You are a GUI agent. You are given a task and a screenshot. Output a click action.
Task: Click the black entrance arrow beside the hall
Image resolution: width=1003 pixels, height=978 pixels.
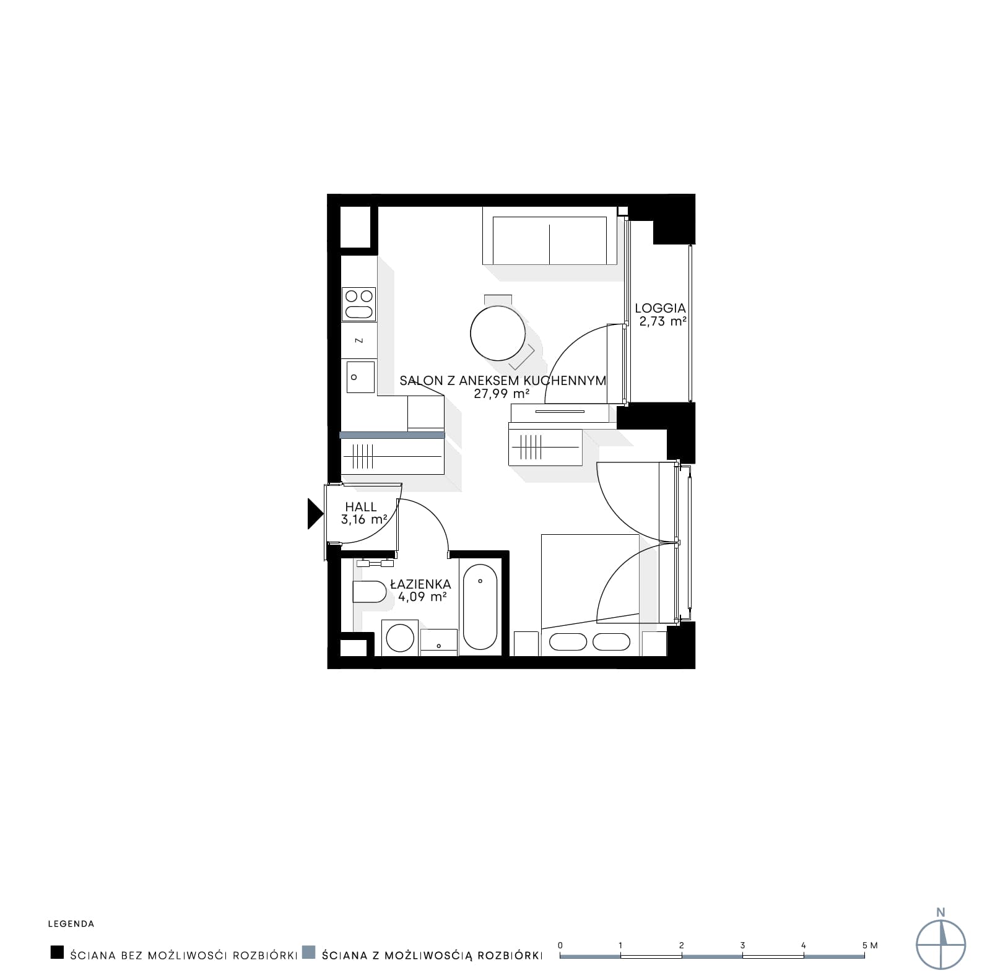click(x=315, y=514)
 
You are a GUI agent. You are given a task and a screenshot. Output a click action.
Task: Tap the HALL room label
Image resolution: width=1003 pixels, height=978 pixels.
click(x=361, y=507)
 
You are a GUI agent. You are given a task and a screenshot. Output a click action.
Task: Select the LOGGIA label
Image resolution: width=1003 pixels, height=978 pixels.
click(x=661, y=308)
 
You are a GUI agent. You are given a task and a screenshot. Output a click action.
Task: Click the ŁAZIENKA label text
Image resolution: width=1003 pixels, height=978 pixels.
click(x=420, y=584)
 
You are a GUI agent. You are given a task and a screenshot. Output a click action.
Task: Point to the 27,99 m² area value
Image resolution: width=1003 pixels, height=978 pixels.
click(x=501, y=393)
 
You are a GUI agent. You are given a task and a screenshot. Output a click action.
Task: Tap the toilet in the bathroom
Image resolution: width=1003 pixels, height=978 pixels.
click(x=370, y=592)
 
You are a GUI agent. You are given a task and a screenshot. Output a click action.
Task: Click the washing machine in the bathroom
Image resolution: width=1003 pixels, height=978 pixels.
click(x=399, y=638)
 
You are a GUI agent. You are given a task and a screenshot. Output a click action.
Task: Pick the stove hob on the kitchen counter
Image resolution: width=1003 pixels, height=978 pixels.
click(x=359, y=304)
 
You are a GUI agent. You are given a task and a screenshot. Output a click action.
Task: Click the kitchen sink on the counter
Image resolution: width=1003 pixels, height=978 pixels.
click(x=360, y=377)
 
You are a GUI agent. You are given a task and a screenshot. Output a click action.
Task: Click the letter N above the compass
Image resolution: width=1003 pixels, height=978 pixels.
click(x=941, y=912)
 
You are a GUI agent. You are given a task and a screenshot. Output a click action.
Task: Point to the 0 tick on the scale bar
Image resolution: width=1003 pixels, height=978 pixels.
click(x=560, y=945)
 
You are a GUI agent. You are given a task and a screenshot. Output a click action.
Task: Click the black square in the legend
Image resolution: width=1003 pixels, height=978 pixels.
click(x=57, y=952)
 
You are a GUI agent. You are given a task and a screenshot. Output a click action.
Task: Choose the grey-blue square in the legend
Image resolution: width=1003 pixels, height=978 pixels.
click(x=308, y=952)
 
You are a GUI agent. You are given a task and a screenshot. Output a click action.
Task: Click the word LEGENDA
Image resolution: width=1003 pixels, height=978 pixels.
click(x=71, y=924)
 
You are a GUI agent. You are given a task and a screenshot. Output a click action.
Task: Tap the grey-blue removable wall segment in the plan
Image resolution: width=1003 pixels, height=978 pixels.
click(x=392, y=435)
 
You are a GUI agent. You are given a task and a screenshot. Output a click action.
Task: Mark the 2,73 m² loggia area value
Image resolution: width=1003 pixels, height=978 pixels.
click(x=663, y=321)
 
